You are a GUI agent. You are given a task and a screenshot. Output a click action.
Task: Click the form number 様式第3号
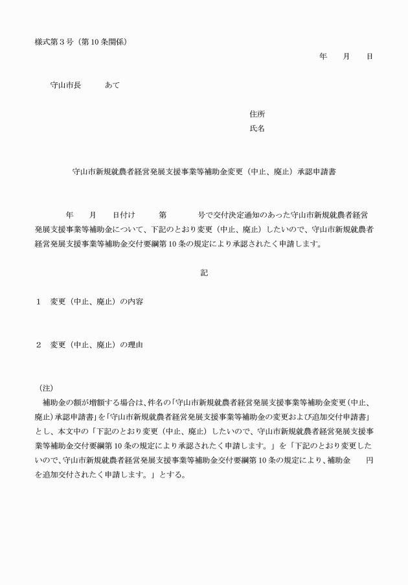53,43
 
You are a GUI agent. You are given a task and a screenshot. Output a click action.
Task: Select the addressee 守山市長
65,86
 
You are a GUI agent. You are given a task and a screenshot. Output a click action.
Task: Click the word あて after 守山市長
112,86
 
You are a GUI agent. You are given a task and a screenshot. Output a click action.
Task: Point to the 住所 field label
257,114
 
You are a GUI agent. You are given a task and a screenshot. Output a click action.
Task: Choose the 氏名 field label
257,129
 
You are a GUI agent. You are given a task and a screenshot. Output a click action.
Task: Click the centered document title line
204,172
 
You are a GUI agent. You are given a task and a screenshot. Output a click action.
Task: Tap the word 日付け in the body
124,214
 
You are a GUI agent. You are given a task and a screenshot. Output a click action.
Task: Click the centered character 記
204,273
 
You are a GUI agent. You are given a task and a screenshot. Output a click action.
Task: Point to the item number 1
39,303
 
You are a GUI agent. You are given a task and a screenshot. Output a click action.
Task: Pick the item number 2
39,345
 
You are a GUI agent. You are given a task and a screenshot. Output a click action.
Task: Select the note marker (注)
46,388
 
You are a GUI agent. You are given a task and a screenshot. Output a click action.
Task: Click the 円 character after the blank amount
369,460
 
